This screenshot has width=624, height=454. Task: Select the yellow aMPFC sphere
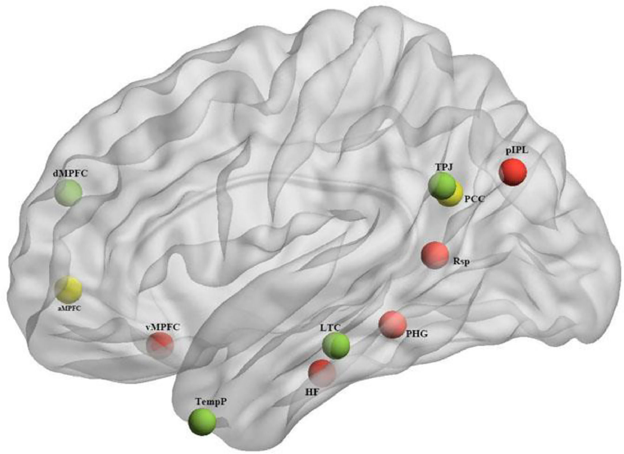click(68, 289)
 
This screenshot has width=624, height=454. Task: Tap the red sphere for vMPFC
click(160, 344)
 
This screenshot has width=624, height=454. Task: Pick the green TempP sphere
click(202, 422)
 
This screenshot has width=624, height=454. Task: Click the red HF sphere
click(322, 372)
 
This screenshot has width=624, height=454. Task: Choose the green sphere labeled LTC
click(336, 345)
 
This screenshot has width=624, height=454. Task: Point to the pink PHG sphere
click(393, 324)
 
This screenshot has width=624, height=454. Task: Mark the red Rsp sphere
click(435, 255)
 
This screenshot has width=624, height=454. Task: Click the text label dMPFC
click(70, 174)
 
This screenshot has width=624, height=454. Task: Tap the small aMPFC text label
click(69, 308)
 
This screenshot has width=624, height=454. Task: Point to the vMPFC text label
click(163, 327)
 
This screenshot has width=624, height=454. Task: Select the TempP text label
click(211, 402)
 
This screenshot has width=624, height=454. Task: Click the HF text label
click(312, 392)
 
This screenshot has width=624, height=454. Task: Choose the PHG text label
click(416, 333)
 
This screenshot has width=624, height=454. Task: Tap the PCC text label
click(474, 199)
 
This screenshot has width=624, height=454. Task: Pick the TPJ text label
click(444, 167)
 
